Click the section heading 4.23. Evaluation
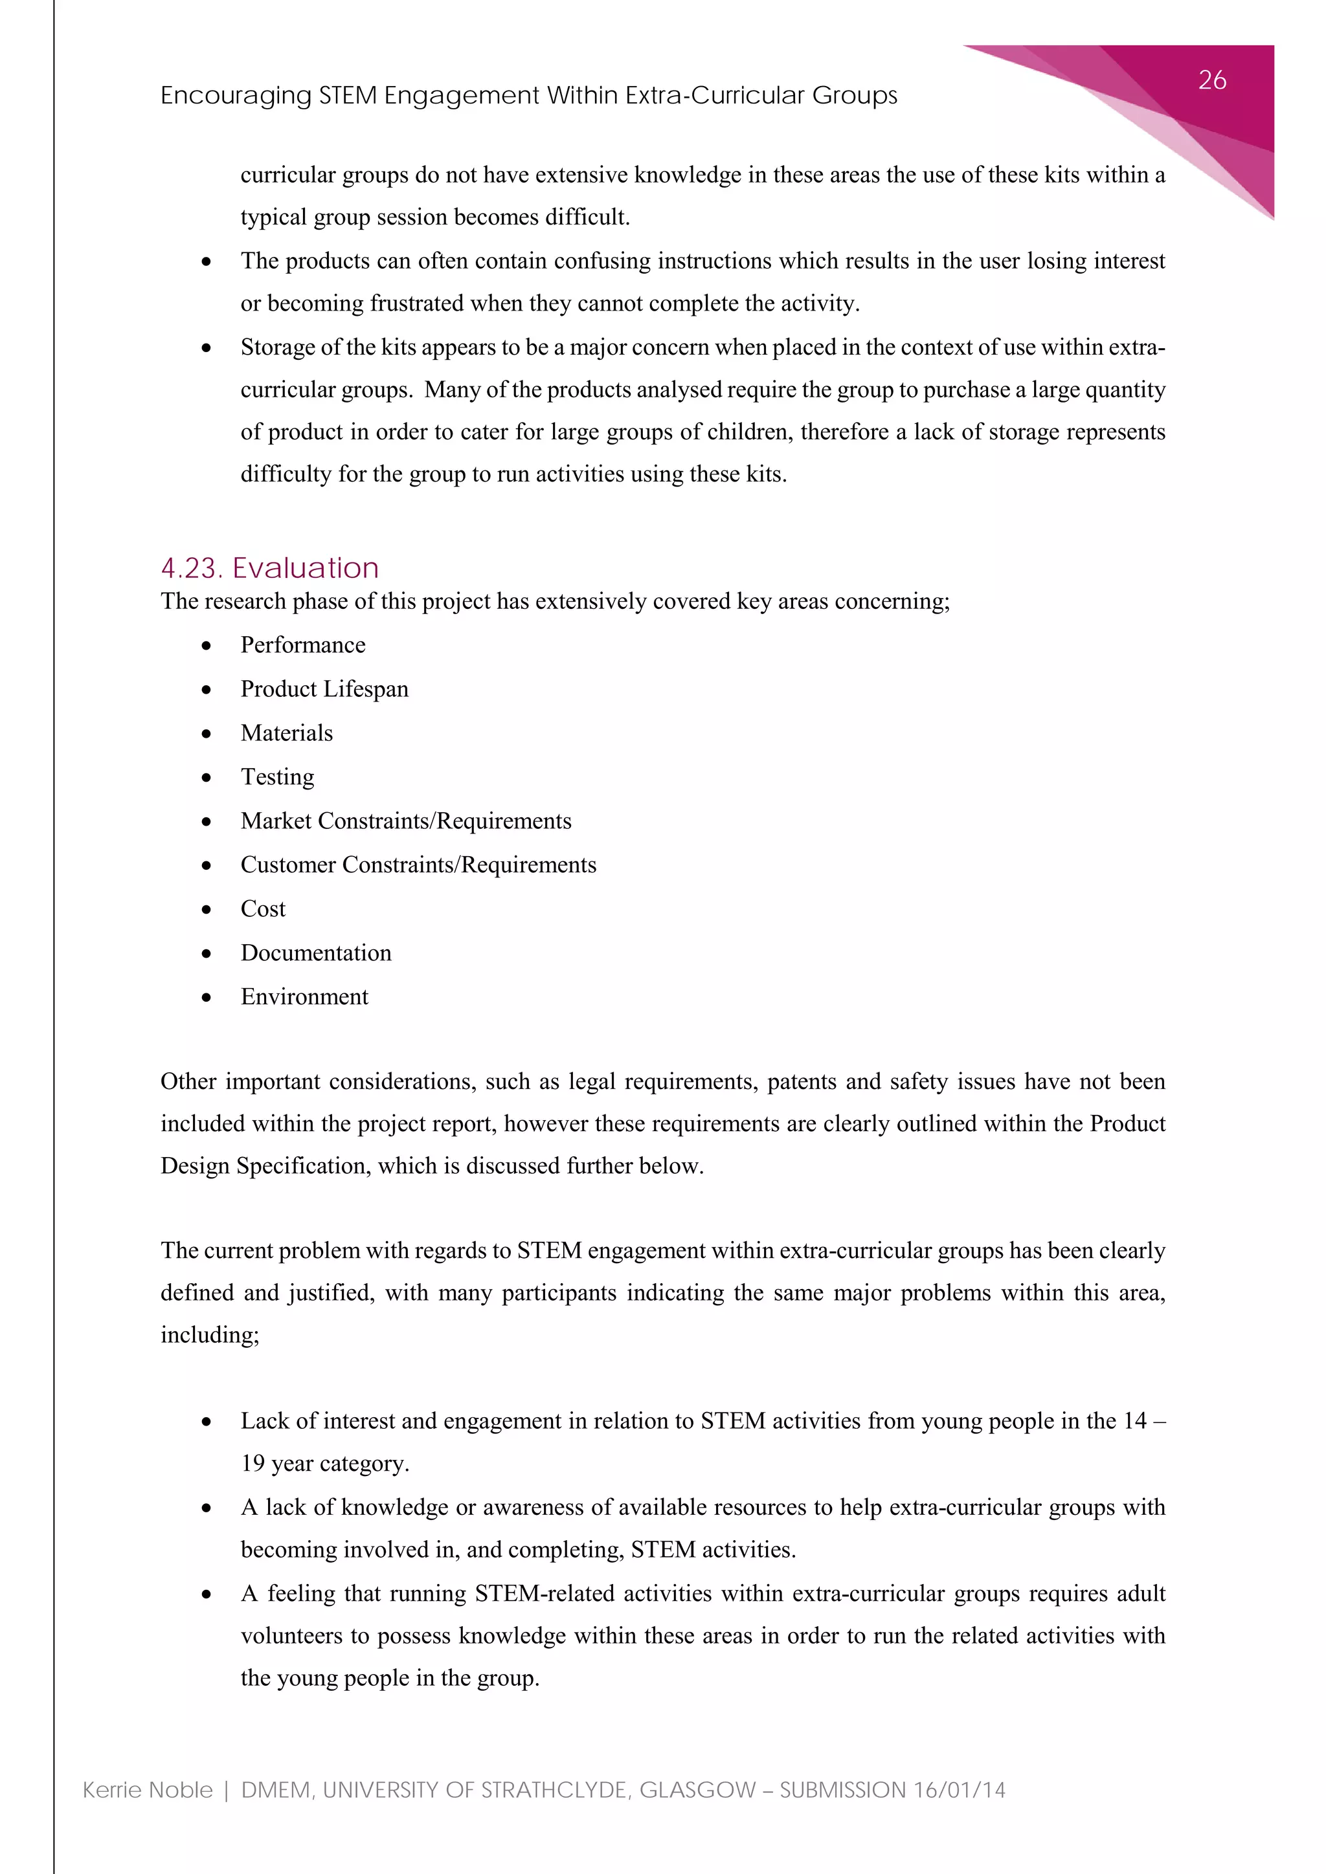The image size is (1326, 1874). point(269,568)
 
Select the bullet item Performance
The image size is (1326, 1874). point(303,645)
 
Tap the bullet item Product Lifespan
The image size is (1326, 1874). point(324,689)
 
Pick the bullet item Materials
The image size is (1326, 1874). point(287,733)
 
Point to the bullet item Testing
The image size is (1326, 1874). point(277,777)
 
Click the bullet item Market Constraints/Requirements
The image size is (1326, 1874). point(406,821)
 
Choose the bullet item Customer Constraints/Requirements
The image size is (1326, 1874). point(418,865)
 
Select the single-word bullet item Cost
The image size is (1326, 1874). point(263,909)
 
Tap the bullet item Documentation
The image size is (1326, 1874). point(316,953)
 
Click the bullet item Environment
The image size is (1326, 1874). point(304,997)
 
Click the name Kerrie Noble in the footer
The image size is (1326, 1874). point(148,1790)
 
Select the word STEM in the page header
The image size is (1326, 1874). point(348,96)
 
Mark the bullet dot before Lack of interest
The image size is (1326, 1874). point(207,1422)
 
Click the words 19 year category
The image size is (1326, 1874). point(324,1464)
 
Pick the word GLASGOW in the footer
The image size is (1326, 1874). point(697,1790)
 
